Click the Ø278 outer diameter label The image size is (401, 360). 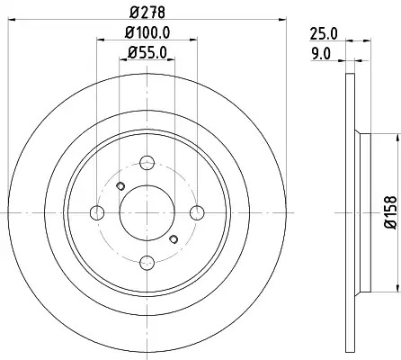tap(147, 13)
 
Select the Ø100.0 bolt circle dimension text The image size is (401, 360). tap(147, 32)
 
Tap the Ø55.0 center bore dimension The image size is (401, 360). tap(147, 53)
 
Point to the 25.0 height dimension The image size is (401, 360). tap(324, 33)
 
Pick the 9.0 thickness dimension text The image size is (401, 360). tap(321, 54)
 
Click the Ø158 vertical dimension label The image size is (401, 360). tap(390, 212)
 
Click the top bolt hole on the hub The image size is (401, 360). tap(147, 163)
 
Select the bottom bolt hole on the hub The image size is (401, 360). tap(147, 263)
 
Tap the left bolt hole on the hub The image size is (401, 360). tap(97, 212)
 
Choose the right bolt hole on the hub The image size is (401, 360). tap(197, 212)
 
